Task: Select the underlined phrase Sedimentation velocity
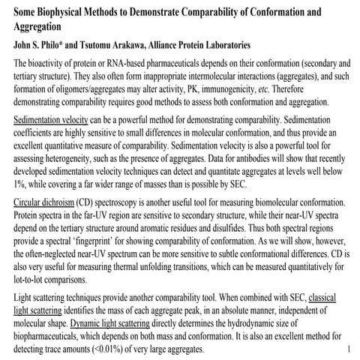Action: pos(50,120)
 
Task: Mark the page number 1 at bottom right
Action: pos(351,349)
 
